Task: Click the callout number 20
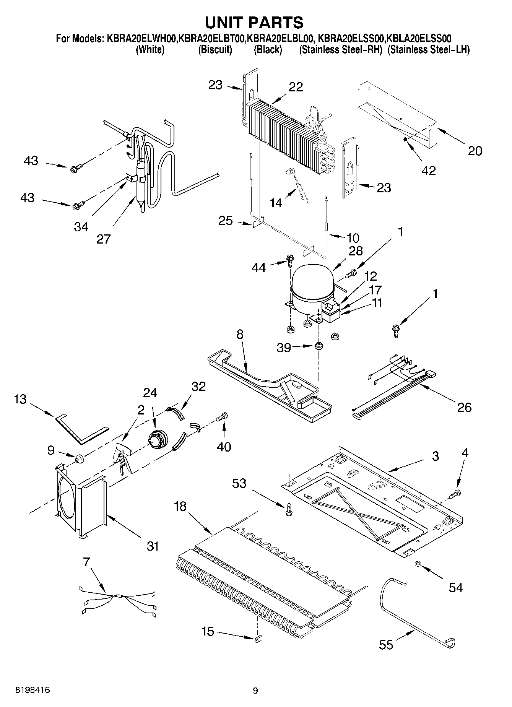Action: (475, 151)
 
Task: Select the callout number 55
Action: (386, 645)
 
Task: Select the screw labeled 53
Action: (289, 509)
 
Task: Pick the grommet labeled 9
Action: (80, 458)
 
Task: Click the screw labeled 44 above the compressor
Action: (289, 261)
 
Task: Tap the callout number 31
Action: (153, 546)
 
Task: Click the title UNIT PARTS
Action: (254, 22)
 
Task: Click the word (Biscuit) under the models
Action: (215, 50)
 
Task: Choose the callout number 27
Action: (103, 239)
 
